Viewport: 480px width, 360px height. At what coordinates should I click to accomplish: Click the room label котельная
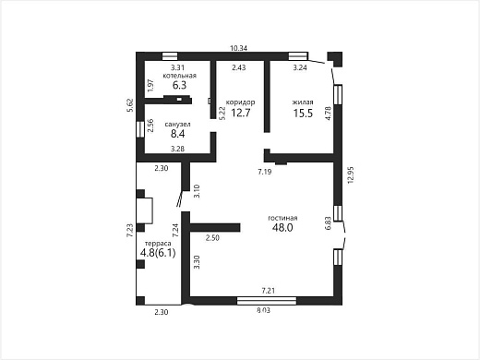click(179, 76)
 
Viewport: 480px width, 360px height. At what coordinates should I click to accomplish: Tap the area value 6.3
click(179, 85)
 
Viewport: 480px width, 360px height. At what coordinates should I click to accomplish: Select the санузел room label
click(178, 125)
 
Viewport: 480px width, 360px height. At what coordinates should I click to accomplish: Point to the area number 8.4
click(178, 134)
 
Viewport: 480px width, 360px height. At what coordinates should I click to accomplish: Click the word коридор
click(240, 102)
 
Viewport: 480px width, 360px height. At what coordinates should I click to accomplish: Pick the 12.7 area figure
click(241, 113)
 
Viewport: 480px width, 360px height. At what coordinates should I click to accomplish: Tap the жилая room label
click(303, 102)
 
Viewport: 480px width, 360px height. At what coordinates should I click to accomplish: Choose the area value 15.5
click(303, 114)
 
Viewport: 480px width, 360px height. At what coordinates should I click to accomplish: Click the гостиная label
click(282, 218)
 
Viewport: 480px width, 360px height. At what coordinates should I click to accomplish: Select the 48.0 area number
click(282, 228)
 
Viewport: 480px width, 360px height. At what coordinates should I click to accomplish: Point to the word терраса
click(158, 244)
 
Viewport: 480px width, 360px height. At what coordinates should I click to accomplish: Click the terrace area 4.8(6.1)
click(158, 253)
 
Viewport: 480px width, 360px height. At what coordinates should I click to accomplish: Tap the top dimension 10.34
click(239, 48)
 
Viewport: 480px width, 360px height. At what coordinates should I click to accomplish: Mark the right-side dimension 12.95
click(351, 175)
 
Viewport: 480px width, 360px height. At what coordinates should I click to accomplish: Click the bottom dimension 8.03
click(263, 310)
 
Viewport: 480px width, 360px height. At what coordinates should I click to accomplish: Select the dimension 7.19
click(265, 172)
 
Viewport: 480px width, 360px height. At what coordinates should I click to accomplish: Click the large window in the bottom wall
click(267, 301)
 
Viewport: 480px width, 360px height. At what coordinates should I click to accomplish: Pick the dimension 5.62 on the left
click(130, 105)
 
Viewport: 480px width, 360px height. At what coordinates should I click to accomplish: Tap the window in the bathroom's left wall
click(140, 129)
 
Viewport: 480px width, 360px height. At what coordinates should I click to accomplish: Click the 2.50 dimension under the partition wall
click(212, 238)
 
